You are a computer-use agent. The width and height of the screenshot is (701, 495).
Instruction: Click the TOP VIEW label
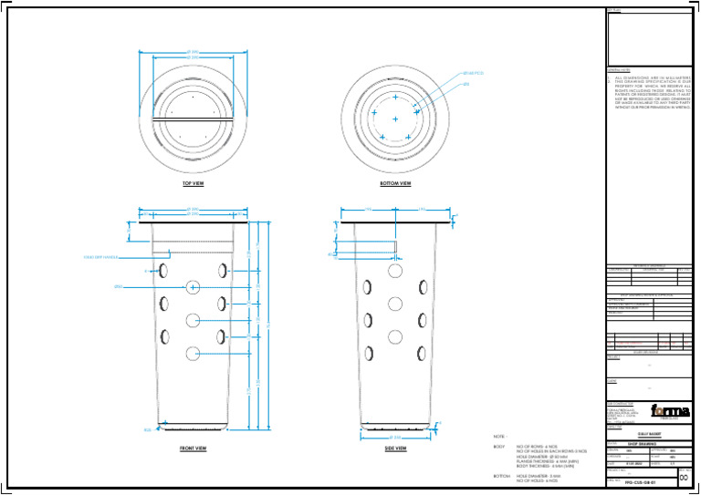point(193,183)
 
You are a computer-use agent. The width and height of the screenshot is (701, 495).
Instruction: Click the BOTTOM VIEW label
point(395,183)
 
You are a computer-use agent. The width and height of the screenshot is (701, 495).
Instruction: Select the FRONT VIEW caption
point(193,449)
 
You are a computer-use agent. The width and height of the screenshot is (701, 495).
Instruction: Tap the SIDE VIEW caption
point(395,449)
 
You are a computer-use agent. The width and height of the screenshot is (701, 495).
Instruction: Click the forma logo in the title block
point(662,410)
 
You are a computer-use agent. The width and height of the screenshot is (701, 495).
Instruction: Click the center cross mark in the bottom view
point(395,119)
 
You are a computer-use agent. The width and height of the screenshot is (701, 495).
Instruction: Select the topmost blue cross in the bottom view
point(395,97)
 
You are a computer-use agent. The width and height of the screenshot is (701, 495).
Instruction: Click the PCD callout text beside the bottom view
point(475,72)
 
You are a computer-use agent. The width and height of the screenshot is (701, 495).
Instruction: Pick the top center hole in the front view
point(194,287)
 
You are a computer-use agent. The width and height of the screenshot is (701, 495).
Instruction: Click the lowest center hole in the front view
point(194,353)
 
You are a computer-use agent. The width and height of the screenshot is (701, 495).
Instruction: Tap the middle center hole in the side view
point(395,304)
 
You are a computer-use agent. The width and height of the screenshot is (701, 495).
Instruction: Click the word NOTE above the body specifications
point(500,437)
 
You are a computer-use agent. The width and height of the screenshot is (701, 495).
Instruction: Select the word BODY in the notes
point(499,447)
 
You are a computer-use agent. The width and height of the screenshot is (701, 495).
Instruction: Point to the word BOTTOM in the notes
point(502,476)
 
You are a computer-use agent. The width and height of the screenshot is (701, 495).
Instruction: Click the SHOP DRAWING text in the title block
point(643,442)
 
